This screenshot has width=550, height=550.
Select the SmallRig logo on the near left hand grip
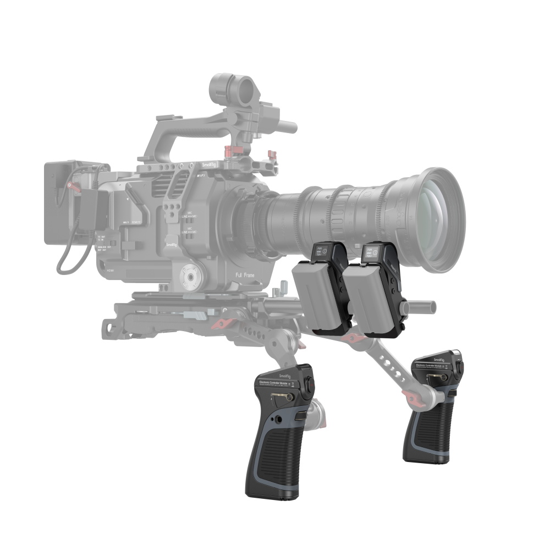pyautogui.click(x=285, y=377)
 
